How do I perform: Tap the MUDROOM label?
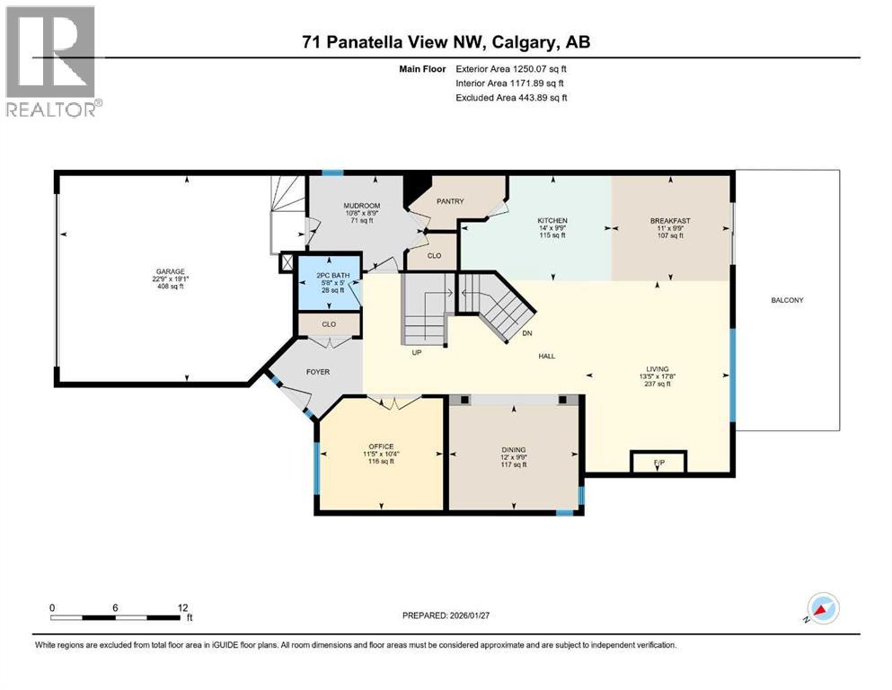361,206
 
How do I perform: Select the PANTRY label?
450,201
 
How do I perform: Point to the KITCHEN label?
552,221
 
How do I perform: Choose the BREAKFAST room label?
670,221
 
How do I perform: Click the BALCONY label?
787,300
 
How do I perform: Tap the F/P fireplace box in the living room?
658,463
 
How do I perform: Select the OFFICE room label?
381,447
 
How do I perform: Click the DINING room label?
514,450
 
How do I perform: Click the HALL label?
546,357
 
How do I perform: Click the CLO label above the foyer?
329,324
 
